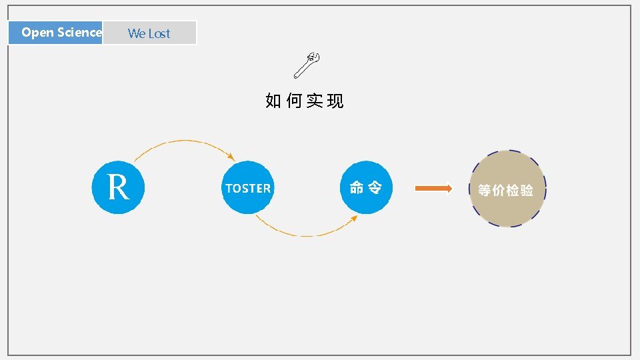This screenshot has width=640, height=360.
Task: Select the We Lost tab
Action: (x=149, y=33)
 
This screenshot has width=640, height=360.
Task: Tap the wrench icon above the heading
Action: (x=308, y=65)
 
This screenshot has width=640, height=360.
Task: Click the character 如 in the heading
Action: (x=273, y=101)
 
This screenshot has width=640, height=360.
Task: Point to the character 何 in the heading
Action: (x=293, y=101)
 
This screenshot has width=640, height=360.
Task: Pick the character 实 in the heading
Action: (x=315, y=101)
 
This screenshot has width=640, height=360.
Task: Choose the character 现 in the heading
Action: (x=335, y=101)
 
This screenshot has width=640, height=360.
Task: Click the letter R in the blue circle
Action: (x=118, y=187)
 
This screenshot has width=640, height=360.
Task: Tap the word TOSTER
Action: (x=248, y=189)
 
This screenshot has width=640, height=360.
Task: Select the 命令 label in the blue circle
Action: (x=365, y=188)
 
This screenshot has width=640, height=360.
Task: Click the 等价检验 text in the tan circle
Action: (x=506, y=190)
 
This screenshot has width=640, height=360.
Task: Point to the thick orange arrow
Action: (x=433, y=189)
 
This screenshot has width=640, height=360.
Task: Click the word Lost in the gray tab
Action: (x=159, y=33)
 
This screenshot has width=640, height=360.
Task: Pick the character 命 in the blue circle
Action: (x=357, y=188)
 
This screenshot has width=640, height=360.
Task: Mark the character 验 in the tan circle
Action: (x=527, y=190)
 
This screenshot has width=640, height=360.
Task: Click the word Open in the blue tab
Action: (x=37, y=32)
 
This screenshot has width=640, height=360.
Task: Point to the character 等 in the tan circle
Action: (x=485, y=190)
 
